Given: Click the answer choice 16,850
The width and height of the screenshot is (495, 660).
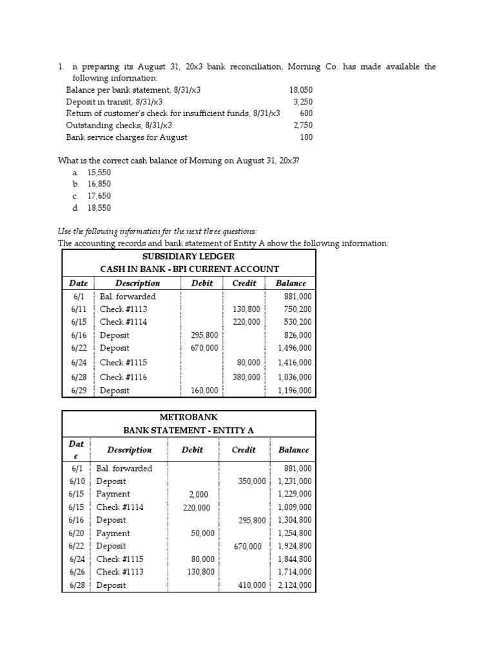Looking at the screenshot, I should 99,184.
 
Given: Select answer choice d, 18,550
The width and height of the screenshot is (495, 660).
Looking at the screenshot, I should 99,208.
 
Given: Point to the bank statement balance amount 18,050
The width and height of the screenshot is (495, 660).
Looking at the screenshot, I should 300,90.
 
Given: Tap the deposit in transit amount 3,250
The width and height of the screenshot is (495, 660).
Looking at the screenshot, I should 302,102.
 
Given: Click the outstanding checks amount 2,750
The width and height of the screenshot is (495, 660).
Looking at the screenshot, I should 302,125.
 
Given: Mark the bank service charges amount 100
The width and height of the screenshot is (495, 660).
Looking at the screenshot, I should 306,137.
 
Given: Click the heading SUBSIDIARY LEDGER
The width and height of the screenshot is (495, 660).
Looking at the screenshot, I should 188,257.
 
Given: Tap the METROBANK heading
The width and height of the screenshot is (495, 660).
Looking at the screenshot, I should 188,417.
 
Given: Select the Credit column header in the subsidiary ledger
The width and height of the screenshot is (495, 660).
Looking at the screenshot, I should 243,283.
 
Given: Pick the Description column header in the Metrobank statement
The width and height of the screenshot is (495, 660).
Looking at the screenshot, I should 129,450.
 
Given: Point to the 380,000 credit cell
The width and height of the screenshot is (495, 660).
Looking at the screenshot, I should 246,378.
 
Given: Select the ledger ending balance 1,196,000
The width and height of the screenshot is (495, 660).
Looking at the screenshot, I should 295,391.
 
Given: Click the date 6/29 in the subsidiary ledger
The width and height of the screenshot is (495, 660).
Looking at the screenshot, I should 77,391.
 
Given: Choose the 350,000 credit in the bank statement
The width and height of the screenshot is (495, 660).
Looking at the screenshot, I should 251,481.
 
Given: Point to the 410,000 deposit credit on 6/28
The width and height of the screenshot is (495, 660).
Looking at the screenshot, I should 251,586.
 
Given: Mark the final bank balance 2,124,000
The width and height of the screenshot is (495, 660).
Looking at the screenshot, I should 295,586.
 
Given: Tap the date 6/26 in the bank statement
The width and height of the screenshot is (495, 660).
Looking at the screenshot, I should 76,572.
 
